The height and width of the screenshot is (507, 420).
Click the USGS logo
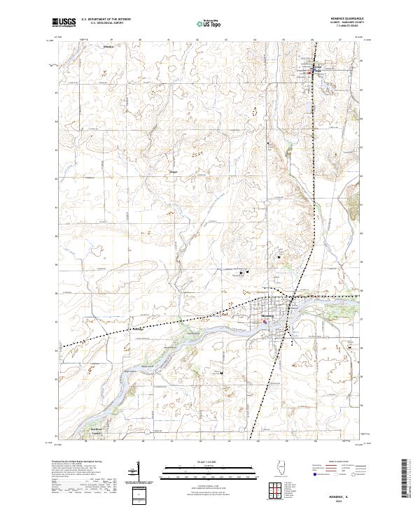tap(64, 22)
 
